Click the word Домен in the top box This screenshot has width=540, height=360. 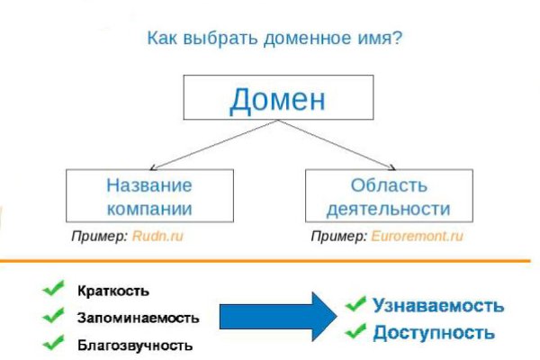[x=276, y=99]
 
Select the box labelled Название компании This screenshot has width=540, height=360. [x=149, y=197]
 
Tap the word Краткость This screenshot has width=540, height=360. [x=113, y=292]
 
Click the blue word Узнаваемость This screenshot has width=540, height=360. [x=438, y=305]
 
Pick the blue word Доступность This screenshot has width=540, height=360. [x=434, y=332]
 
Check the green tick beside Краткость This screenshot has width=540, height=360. [x=53, y=290]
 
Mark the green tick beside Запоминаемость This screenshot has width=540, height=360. [x=53, y=315]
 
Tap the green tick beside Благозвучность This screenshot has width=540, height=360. [x=53, y=342]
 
